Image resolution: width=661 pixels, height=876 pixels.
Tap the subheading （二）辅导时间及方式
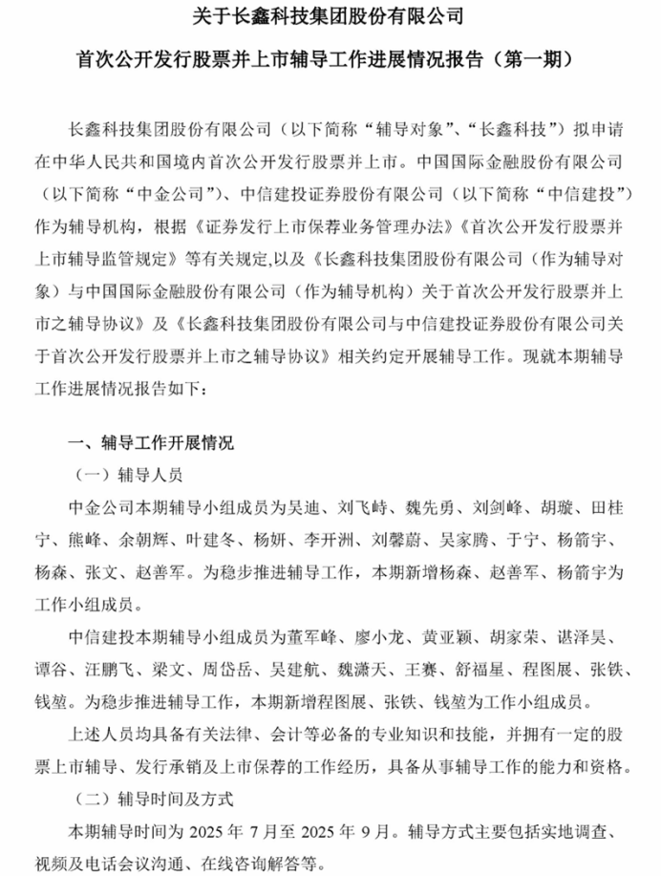point(153,795)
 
